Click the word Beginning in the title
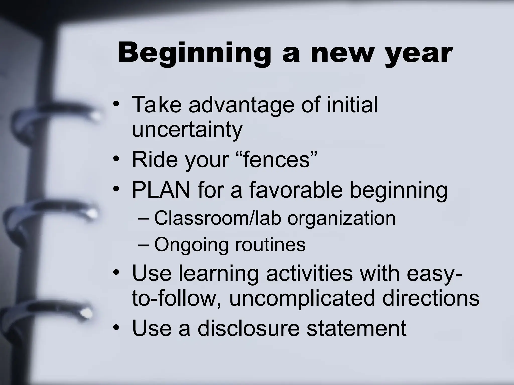click(194, 53)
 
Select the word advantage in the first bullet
click(241, 105)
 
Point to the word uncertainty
click(187, 130)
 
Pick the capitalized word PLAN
click(161, 190)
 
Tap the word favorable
click(296, 190)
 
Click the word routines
click(270, 244)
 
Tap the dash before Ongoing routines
click(143, 244)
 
